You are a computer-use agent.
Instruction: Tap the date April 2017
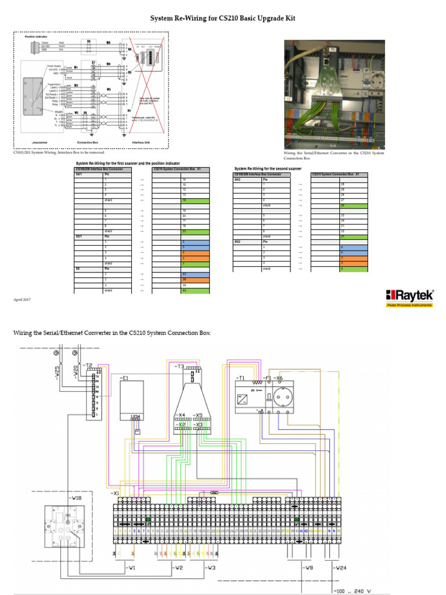[x=22, y=299]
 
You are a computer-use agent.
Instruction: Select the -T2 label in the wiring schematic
[x=87, y=366]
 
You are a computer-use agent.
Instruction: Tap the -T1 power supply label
[x=241, y=378]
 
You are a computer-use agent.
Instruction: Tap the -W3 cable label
[x=211, y=567]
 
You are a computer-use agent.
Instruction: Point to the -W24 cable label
[x=340, y=567]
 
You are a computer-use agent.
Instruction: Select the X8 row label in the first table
[x=78, y=269]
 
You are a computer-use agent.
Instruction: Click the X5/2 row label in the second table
[x=238, y=241]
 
